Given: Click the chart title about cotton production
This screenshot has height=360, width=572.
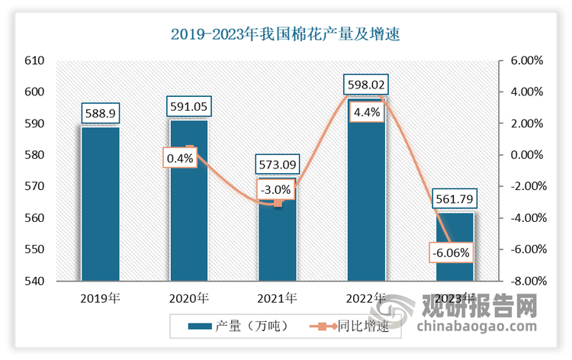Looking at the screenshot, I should tap(286, 34).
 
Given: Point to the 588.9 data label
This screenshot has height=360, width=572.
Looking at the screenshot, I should tap(100, 113).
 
